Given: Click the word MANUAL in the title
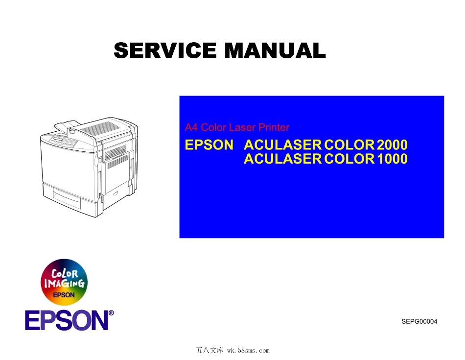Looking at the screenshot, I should (274, 50).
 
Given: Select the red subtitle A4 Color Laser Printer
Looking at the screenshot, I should (237, 127).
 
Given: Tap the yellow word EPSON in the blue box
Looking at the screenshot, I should (209, 145).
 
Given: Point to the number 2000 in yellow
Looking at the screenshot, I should (393, 145).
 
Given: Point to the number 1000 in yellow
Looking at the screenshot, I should (393, 159).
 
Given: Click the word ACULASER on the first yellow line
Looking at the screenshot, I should (283, 145).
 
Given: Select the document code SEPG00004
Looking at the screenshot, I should (419, 322).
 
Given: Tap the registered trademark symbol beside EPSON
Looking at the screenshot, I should (111, 312).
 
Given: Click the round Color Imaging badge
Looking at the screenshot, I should (64, 282).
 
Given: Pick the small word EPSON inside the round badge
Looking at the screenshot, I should (64, 295).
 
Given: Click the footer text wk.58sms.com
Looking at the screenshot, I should (249, 351).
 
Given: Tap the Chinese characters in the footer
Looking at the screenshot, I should (209, 351).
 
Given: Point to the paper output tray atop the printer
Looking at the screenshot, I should (66, 128).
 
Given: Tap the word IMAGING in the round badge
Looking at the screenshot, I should (64, 284).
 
